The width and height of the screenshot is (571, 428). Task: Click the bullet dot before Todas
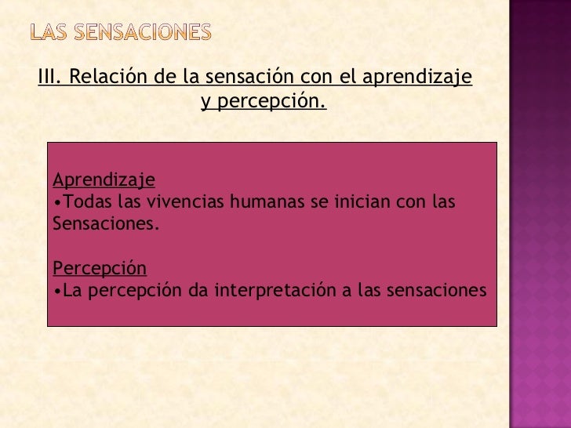click(57, 203)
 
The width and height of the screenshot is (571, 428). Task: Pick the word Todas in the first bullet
click(83, 202)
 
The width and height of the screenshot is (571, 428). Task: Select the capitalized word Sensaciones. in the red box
click(105, 224)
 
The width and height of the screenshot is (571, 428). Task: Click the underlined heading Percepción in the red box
click(100, 268)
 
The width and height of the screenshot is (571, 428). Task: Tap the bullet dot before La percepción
click(57, 292)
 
